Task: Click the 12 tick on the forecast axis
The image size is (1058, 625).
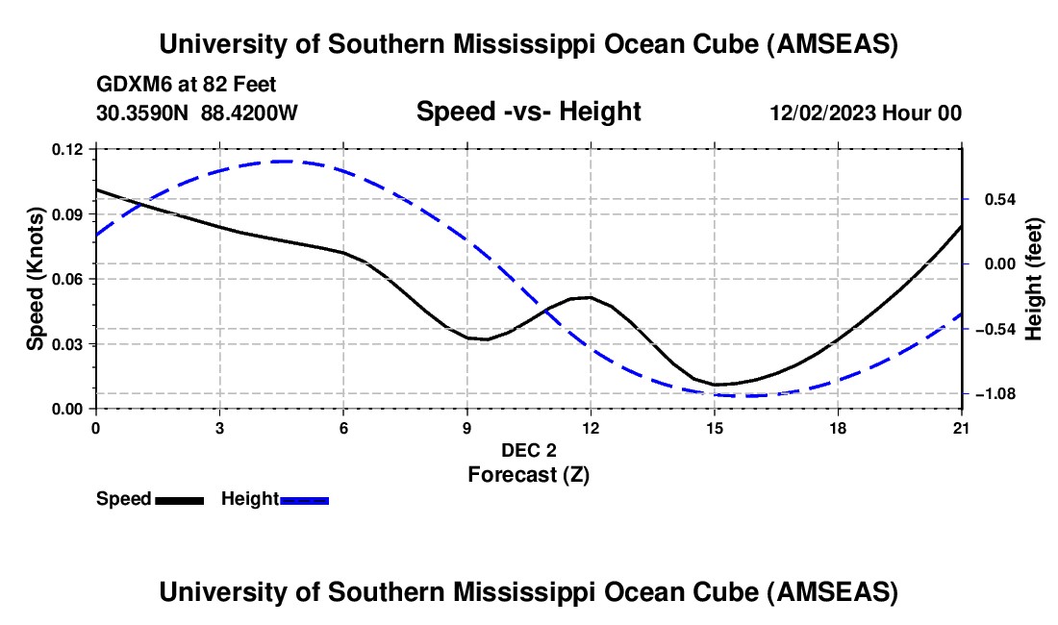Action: coord(591,428)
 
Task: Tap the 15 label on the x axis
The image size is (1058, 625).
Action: coord(715,428)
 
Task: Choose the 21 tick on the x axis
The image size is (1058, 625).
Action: coord(962,428)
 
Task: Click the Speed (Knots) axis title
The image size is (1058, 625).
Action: coord(35,279)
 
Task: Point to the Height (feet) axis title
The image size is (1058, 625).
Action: coord(1034,279)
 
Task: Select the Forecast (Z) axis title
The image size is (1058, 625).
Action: coord(529,474)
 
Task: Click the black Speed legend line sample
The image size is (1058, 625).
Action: coord(180,500)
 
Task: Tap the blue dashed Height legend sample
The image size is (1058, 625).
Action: coord(305,500)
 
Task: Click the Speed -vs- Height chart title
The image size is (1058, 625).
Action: coord(528,112)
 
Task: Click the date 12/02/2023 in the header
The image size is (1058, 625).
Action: coord(821,113)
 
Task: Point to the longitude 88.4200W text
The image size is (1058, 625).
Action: coord(250,113)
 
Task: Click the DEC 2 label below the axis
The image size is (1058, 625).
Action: coord(529,450)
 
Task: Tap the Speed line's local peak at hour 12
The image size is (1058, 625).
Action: coord(589,297)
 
